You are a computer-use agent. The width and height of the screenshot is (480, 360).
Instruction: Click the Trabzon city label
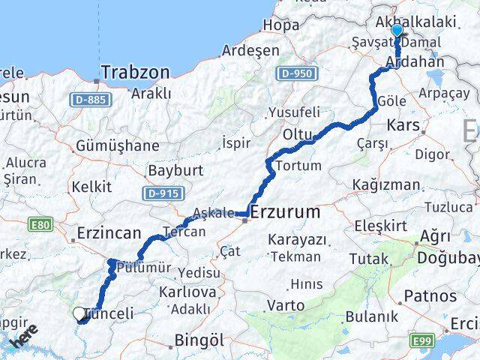pos(135,72)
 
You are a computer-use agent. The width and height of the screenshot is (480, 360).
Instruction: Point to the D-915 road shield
pos(161,193)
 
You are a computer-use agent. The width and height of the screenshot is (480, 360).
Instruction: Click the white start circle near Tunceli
pos(79,314)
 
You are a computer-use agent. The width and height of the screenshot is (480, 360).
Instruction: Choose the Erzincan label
pos(109,234)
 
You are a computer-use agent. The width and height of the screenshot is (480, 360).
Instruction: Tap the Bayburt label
pos(176,171)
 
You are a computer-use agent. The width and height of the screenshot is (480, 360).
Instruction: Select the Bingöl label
pos(199,340)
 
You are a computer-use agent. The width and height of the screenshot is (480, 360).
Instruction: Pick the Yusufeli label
pos(294,112)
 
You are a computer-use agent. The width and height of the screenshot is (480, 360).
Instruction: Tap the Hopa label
pos(280,25)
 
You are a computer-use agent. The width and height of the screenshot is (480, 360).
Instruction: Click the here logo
pos(22,339)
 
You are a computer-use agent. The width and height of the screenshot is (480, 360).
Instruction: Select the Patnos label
pos(429,297)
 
